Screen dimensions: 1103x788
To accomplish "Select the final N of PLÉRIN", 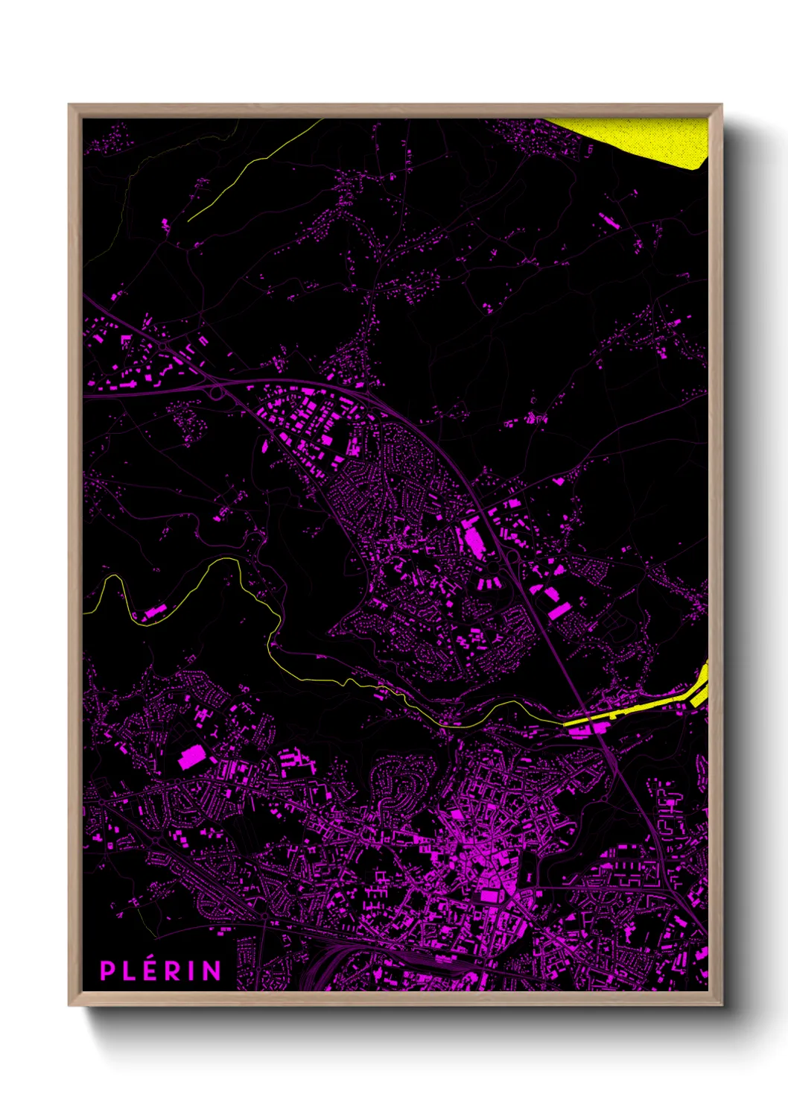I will (212, 970).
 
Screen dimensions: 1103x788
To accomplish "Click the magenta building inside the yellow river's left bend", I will (155, 611).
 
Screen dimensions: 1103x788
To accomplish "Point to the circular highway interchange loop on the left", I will (216, 392).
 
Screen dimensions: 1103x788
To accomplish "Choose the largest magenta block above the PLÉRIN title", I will (191, 756).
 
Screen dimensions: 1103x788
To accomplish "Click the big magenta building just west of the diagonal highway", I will (474, 541).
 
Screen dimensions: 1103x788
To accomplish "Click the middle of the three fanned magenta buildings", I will (492, 581).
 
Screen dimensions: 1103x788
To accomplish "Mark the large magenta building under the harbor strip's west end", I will (580, 731).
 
